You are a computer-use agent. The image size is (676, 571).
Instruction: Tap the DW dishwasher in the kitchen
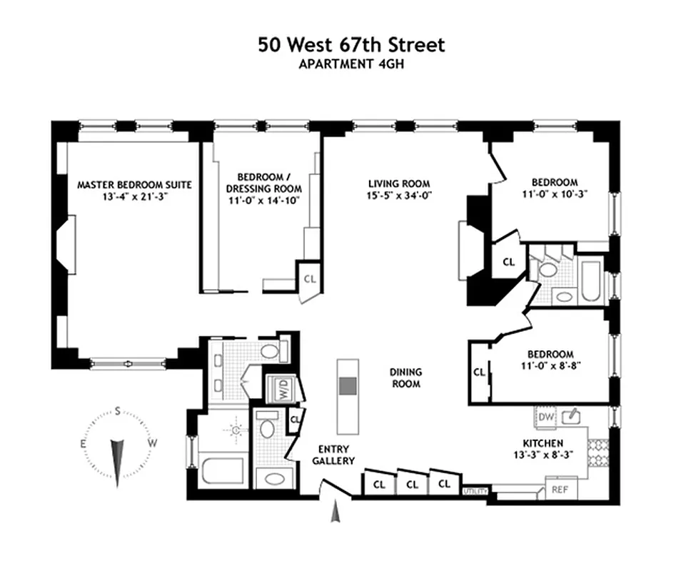click(x=546, y=417)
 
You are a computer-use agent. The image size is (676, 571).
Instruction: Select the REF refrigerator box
click(x=560, y=489)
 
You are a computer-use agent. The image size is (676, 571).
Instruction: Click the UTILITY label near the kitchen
click(x=475, y=491)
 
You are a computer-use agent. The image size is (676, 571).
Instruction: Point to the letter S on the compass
click(x=117, y=412)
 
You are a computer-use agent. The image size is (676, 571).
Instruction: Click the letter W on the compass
click(x=152, y=443)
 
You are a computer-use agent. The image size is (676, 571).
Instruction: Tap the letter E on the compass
click(x=84, y=444)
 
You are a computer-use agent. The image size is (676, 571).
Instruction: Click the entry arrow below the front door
click(x=335, y=511)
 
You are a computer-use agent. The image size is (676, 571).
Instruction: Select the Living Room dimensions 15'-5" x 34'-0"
click(x=399, y=196)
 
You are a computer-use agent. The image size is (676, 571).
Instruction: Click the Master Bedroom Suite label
click(x=134, y=185)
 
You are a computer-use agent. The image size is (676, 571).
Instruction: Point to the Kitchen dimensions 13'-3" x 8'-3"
click(x=543, y=455)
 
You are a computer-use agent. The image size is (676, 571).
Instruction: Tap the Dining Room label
click(x=406, y=378)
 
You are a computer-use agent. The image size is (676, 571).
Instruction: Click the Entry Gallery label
click(x=333, y=455)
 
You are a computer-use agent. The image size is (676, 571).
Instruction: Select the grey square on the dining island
click(x=348, y=386)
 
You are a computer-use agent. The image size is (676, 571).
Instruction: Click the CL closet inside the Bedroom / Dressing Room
click(x=310, y=279)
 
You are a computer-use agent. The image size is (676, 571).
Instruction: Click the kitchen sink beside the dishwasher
click(x=571, y=416)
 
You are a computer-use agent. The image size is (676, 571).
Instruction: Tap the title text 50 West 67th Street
click(x=351, y=45)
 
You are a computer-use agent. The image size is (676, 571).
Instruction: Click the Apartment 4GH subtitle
click(x=351, y=64)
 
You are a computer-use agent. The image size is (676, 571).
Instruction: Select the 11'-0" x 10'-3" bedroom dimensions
click(x=555, y=194)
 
